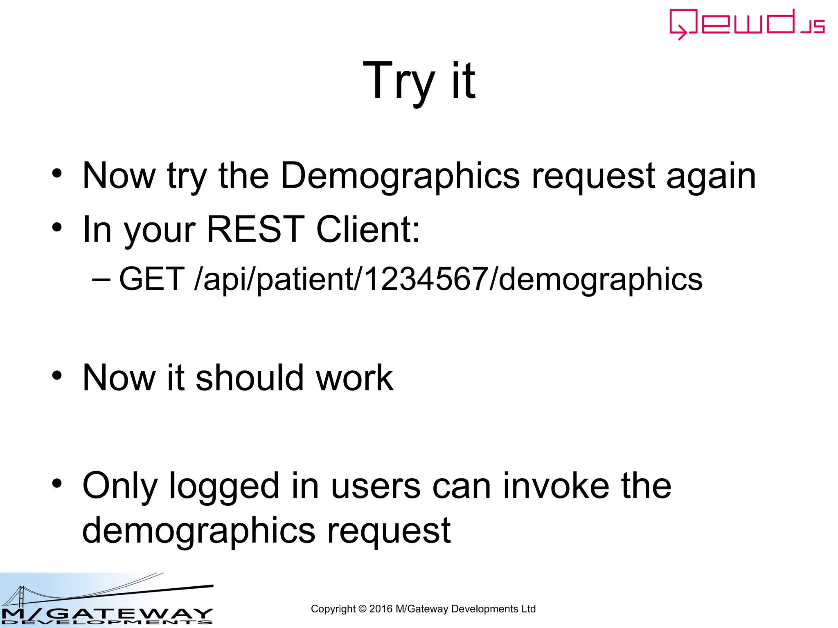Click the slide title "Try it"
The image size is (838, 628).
[x=419, y=81]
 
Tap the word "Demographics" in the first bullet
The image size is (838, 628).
[x=400, y=176]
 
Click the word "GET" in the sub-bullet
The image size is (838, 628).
[x=151, y=279]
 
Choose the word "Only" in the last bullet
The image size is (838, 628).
[x=120, y=487]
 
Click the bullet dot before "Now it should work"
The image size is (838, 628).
[x=57, y=375]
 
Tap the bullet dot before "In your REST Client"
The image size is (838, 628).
[x=57, y=227]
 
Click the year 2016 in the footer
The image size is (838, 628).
[x=381, y=609]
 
